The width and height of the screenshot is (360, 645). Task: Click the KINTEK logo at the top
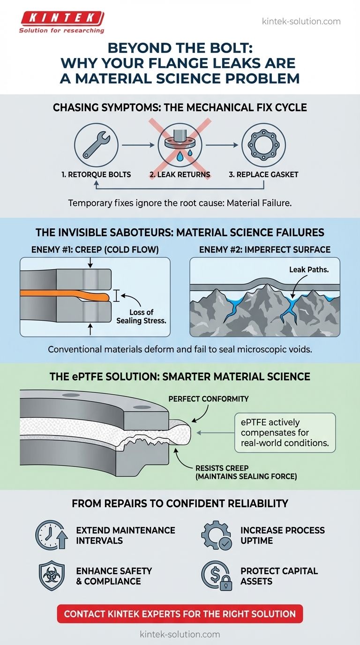pos(61,22)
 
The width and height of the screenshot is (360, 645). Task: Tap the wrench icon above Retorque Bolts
pos(96,143)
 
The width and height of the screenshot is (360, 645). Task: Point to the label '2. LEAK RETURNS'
pos(180,174)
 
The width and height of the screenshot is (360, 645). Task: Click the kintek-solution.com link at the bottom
pos(180,634)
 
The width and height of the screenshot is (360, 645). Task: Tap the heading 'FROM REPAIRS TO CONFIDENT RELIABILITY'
pos(180,504)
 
